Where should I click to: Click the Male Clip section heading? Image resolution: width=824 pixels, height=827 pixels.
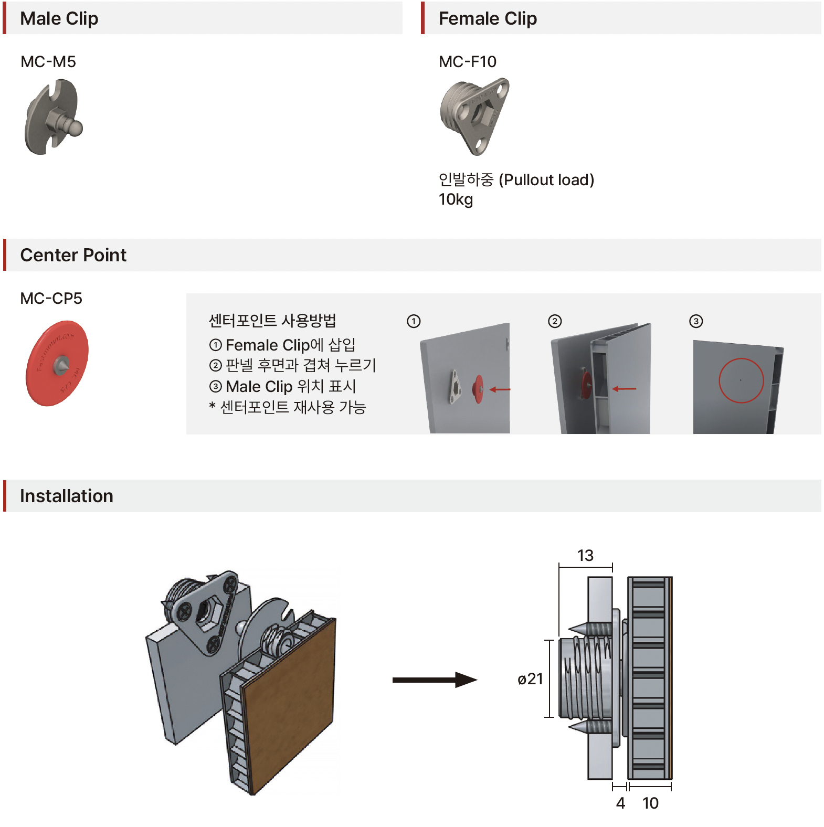pyautogui.click(x=59, y=18)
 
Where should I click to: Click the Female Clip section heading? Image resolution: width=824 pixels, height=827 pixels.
pyautogui.click(x=487, y=18)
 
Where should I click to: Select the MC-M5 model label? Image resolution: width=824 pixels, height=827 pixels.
pyautogui.click(x=48, y=62)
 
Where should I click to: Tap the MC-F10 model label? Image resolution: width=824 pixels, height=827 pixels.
pyautogui.click(x=467, y=62)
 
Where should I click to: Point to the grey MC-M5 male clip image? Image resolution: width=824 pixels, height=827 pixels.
pyautogui.click(x=53, y=117)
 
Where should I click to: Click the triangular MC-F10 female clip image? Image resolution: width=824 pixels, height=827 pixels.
pyautogui.click(x=474, y=115)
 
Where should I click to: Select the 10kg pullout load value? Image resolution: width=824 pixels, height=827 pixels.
pyautogui.click(x=456, y=200)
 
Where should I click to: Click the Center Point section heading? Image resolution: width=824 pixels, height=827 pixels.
pyautogui.click(x=73, y=255)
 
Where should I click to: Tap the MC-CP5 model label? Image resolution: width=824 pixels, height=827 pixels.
pyautogui.click(x=51, y=299)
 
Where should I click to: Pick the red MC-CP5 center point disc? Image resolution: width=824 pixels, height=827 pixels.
pyautogui.click(x=57, y=364)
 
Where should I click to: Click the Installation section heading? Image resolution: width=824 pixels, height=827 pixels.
pyautogui.click(x=66, y=496)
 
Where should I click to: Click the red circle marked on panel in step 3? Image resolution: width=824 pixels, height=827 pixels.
pyautogui.click(x=741, y=380)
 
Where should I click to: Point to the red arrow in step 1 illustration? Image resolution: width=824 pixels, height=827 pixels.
pyautogui.click(x=500, y=389)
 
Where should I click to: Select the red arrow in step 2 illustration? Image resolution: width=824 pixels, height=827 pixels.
pyautogui.click(x=624, y=389)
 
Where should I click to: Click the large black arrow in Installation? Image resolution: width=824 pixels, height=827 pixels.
pyautogui.click(x=434, y=680)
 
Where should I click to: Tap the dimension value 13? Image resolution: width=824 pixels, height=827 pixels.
pyautogui.click(x=585, y=555)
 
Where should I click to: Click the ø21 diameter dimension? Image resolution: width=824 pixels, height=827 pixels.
pyautogui.click(x=530, y=679)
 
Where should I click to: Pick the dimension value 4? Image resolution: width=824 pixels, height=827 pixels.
pyautogui.click(x=620, y=803)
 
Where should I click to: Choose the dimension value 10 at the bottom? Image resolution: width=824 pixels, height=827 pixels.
pyautogui.click(x=650, y=803)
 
